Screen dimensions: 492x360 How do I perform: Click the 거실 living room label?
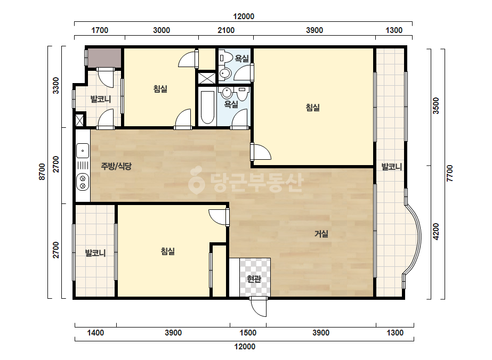point(321,234)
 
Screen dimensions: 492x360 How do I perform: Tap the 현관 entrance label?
point(254,279)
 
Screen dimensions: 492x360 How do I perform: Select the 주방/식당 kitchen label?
point(116,166)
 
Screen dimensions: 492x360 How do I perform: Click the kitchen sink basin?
point(83,151)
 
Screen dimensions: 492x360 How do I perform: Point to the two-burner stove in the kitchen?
point(83,183)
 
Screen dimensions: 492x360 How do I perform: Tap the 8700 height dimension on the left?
point(42,172)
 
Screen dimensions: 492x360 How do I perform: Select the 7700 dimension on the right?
point(450,174)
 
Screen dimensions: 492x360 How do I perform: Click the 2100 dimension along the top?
point(226,30)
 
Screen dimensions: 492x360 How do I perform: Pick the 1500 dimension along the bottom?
point(248,333)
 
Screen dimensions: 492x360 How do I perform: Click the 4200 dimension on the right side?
point(436,232)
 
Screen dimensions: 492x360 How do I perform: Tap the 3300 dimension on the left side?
point(55,85)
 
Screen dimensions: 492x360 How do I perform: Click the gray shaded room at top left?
point(104,58)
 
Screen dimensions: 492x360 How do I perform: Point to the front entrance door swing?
point(259,307)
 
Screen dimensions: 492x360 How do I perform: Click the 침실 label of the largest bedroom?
point(313,108)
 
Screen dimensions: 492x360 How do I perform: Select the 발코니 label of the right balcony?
point(392,167)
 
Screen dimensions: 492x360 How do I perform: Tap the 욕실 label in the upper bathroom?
point(242,59)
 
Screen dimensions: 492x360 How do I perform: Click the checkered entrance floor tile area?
point(255,277)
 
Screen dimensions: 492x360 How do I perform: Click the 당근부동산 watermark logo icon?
point(196,181)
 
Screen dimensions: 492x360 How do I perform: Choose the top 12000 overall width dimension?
point(244,17)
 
